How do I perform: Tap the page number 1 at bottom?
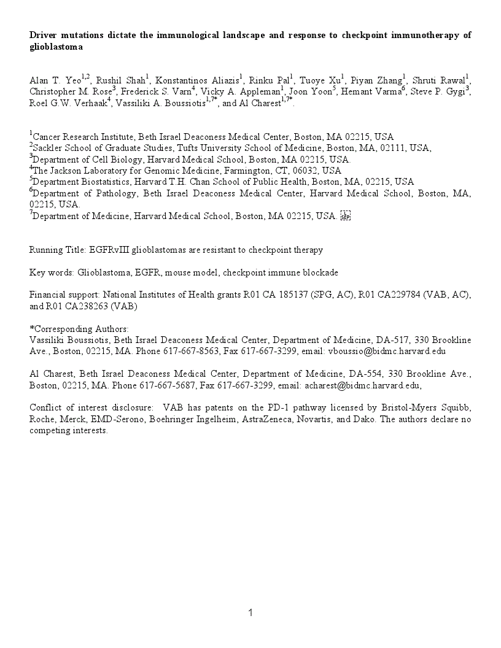(251, 612)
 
